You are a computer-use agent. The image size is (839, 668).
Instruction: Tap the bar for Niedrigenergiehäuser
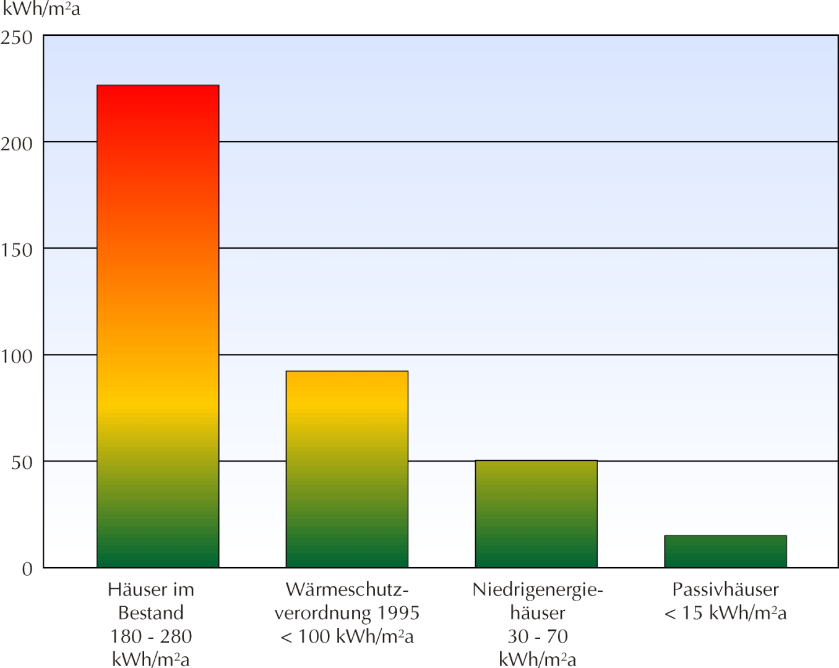click(x=536, y=513)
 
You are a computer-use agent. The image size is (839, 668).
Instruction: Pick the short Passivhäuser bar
click(x=725, y=551)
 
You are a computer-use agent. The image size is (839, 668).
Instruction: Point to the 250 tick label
click(x=17, y=38)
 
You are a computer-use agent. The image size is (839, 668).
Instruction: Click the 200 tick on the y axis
click(x=17, y=143)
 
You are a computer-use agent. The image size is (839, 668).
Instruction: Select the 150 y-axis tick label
click(x=17, y=250)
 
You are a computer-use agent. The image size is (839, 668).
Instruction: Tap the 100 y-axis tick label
click(x=17, y=356)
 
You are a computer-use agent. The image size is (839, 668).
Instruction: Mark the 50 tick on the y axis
click(x=22, y=463)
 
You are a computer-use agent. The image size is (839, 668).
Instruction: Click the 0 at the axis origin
click(x=27, y=569)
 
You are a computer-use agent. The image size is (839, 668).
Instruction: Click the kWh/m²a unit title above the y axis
click(x=41, y=9)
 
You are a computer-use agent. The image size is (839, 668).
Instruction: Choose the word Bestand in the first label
click(x=151, y=613)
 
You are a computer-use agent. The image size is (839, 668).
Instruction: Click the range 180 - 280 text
click(x=151, y=636)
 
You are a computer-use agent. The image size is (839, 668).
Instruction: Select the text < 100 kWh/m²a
click(x=347, y=636)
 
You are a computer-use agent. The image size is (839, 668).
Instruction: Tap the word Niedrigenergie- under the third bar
click(x=537, y=589)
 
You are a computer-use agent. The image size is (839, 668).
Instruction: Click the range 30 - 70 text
click(x=537, y=636)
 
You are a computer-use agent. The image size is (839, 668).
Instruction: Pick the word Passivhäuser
click(x=725, y=589)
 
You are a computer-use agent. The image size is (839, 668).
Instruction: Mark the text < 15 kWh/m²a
click(x=725, y=613)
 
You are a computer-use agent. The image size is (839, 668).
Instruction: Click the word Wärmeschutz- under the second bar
click(x=347, y=589)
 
